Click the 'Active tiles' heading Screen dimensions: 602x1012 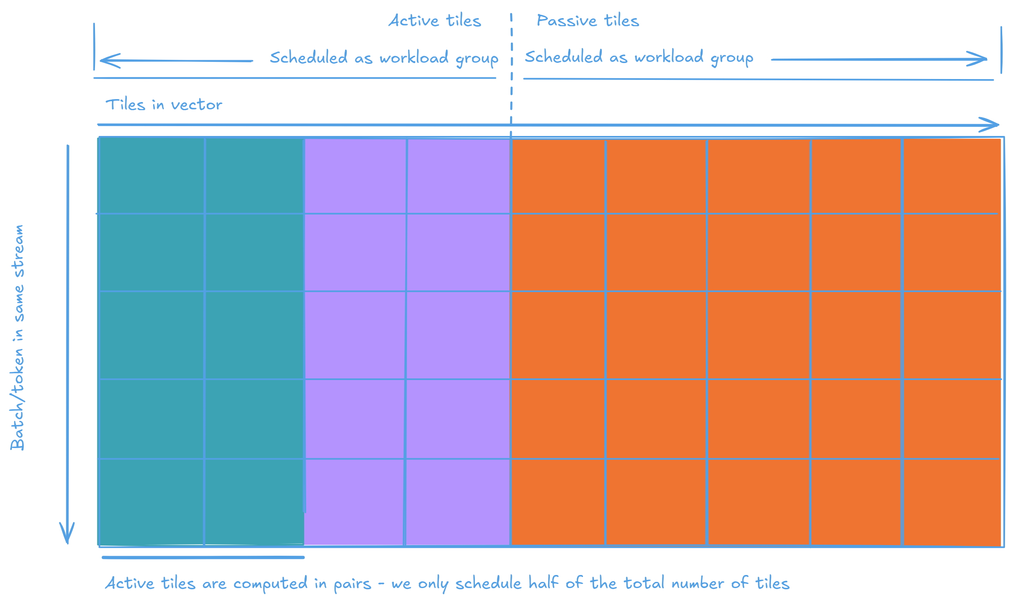click(435, 20)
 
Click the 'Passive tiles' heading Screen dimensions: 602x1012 click(588, 20)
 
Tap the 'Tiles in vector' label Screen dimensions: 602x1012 click(164, 105)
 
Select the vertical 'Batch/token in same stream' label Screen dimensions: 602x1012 click(17, 337)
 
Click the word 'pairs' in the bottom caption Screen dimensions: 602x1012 click(352, 584)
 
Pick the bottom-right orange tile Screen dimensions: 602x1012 click(951, 502)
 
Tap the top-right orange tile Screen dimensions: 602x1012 click(951, 176)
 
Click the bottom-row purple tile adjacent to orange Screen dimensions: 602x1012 click(458, 502)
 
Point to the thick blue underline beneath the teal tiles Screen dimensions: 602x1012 click(203, 557)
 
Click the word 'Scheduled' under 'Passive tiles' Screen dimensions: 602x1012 click(563, 57)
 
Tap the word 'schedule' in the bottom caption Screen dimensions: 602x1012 click(488, 583)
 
